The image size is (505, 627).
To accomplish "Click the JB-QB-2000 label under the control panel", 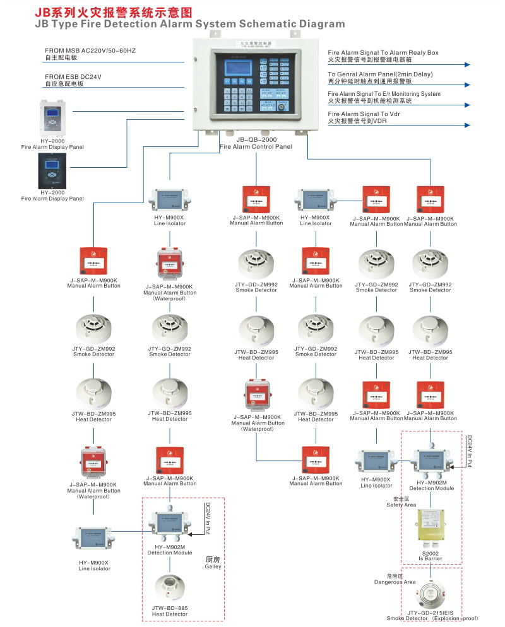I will click(256, 139).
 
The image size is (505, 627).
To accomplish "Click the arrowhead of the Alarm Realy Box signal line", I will click(468, 64).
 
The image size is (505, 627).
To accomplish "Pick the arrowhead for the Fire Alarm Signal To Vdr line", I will click(468, 126).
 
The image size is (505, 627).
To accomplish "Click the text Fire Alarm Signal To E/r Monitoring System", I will click(384, 94).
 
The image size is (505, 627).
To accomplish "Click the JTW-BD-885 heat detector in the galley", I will click(169, 588).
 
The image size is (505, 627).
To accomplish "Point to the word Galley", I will click(213, 566).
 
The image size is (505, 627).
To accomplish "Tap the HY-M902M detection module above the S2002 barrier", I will click(431, 462).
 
